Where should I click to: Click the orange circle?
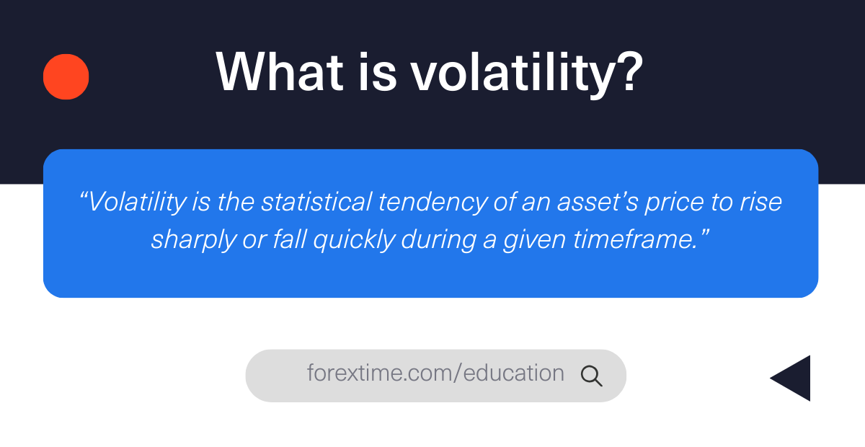click(66, 76)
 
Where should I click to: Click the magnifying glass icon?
click(591, 375)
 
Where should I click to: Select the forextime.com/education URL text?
click(435, 373)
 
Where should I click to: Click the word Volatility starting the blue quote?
click(136, 202)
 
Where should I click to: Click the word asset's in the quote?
click(586, 202)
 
